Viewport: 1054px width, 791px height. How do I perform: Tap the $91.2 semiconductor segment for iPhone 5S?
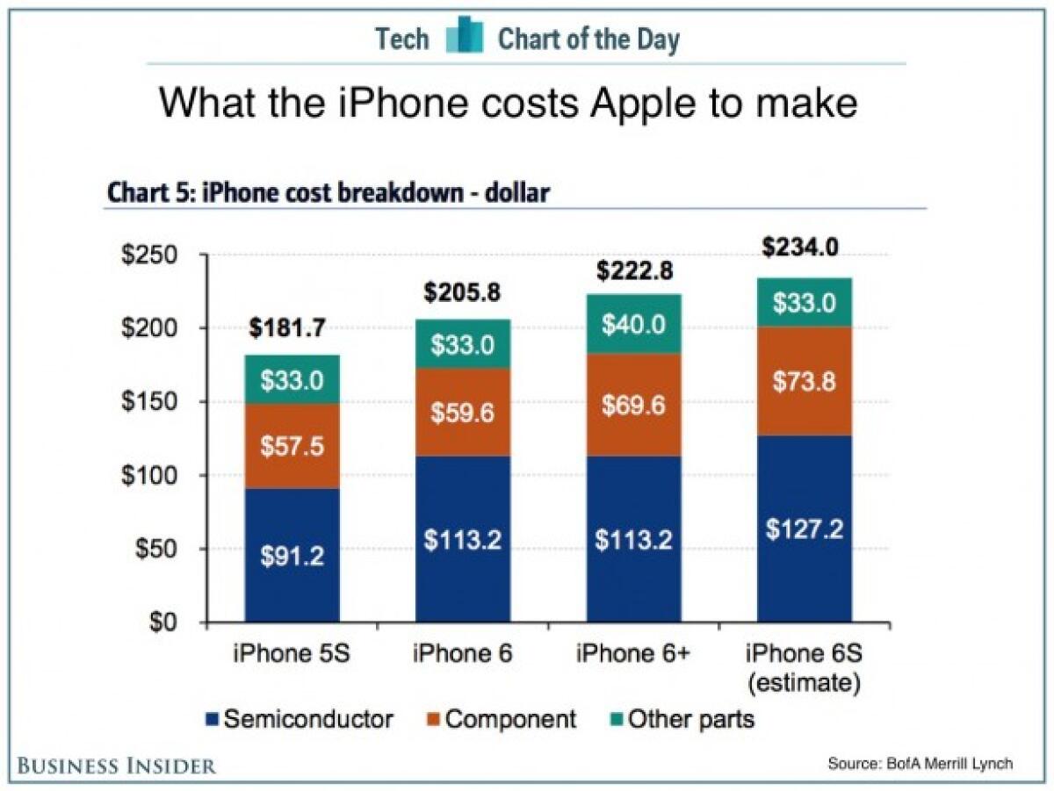point(292,556)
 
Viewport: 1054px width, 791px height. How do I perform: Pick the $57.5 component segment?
point(292,447)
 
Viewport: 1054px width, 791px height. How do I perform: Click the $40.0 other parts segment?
point(634,325)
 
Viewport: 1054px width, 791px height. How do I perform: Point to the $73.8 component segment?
point(805,382)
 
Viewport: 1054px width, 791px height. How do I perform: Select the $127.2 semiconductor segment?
point(805,530)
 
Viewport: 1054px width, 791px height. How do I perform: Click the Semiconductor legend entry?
point(299,720)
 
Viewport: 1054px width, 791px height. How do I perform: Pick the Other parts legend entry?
point(689,720)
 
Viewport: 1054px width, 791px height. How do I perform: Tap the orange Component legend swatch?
point(430,721)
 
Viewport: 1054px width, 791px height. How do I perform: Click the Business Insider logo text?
point(116,766)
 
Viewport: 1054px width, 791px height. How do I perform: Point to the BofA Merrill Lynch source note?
point(920,765)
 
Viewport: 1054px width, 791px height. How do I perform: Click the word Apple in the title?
point(631,104)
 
